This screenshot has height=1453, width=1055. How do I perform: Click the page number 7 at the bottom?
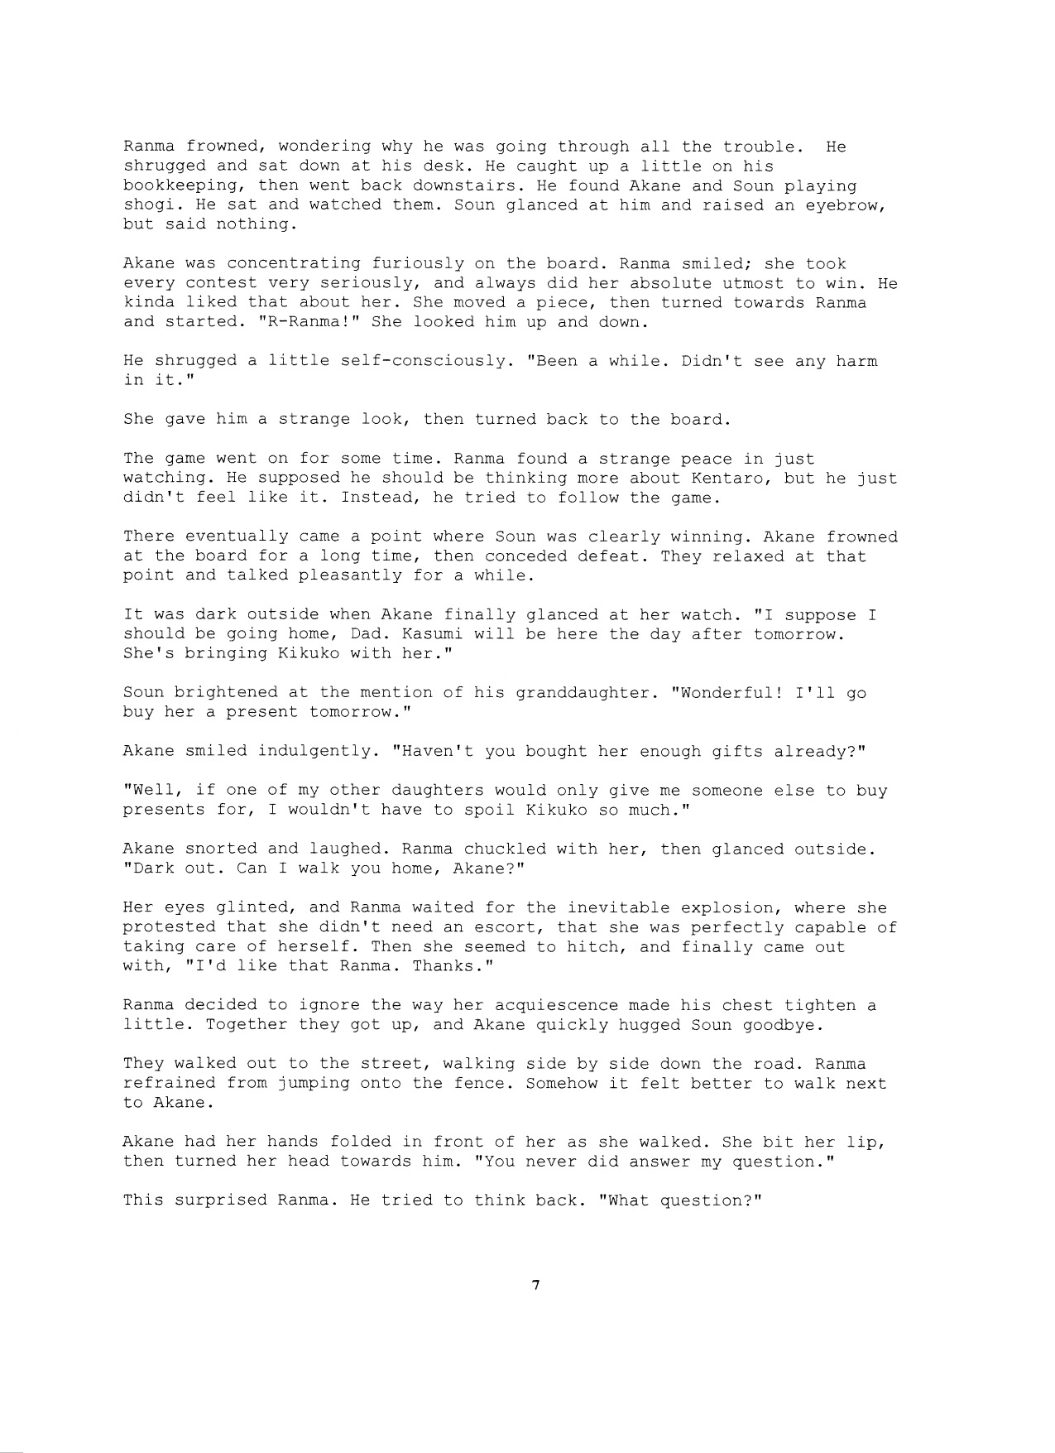click(x=536, y=1286)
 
